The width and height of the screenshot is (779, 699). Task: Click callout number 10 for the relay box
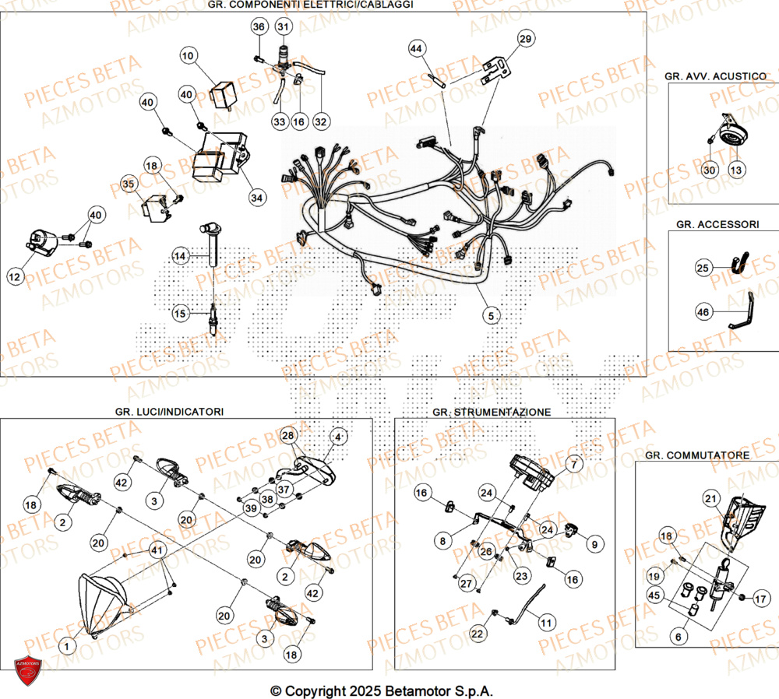[x=189, y=56]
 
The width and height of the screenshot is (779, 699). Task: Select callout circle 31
[x=283, y=27]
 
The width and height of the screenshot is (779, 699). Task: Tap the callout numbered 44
[x=417, y=49]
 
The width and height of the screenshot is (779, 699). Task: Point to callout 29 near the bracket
[x=526, y=39]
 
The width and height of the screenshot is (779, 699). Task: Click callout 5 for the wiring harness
[x=490, y=315]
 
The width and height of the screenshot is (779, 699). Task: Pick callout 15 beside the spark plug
[x=180, y=314]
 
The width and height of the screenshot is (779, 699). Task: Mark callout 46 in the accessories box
[x=703, y=312]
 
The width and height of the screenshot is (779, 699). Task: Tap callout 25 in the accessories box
[x=703, y=269]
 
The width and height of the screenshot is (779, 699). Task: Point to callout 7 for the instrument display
[x=574, y=465]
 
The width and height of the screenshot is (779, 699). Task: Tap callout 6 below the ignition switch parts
[x=677, y=636]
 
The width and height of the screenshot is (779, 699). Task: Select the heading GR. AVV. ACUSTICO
[x=715, y=76]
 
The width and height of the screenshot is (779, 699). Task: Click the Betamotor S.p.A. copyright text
[x=382, y=690]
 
